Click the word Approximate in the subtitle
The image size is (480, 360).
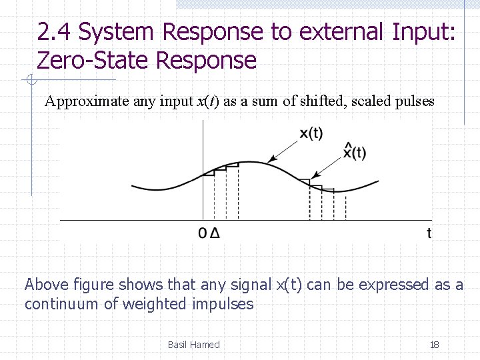click(78, 102)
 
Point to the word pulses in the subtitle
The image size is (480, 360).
click(413, 102)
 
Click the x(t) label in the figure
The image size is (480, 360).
click(311, 133)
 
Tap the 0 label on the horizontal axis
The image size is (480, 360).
click(203, 233)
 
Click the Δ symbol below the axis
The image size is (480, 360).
click(214, 233)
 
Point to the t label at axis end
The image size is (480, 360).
click(429, 233)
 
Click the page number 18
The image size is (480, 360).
click(434, 345)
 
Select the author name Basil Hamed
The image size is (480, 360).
click(193, 345)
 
